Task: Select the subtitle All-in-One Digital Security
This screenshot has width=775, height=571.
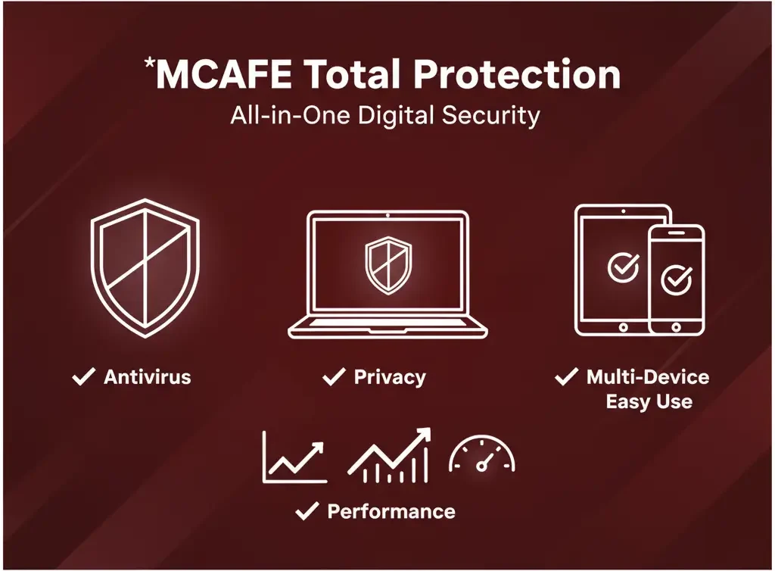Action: point(386,116)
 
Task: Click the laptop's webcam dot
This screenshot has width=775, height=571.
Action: point(387,216)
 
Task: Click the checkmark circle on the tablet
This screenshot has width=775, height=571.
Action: point(623,266)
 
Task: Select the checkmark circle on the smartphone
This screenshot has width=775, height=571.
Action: point(676,279)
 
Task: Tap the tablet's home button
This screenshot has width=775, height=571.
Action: point(623,327)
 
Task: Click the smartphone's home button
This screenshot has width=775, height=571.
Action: point(676,326)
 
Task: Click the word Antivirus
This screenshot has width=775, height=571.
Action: point(147,376)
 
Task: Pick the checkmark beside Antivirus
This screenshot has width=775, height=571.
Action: point(83,376)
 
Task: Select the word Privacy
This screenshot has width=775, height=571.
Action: point(390,376)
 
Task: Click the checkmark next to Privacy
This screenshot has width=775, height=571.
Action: point(333,376)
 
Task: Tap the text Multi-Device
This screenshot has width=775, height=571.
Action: point(648,376)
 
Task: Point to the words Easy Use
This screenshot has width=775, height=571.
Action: point(649,401)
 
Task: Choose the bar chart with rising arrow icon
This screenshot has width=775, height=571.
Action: point(390,456)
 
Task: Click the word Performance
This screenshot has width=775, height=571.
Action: point(391,511)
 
